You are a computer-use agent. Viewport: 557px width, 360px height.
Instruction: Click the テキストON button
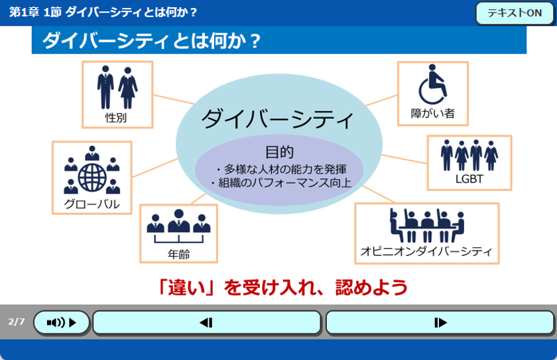(515, 13)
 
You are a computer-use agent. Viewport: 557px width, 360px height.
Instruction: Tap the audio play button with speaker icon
(62, 322)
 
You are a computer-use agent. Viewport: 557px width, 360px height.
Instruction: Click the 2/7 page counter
(17, 322)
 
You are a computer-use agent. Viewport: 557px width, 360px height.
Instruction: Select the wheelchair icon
(432, 84)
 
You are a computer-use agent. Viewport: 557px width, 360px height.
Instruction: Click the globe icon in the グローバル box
(92, 177)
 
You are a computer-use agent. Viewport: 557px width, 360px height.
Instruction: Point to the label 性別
(116, 117)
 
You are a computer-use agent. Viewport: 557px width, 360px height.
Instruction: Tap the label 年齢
(178, 254)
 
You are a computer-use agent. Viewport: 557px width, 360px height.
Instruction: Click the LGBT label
(469, 179)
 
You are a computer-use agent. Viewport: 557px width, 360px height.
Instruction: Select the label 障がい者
(432, 113)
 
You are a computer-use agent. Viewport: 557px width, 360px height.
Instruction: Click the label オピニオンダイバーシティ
(426, 251)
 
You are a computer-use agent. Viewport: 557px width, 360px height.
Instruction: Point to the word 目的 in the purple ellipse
(280, 152)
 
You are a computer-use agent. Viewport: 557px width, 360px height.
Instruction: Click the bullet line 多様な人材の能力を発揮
(281, 169)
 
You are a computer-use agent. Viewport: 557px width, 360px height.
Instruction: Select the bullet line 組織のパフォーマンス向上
(280, 182)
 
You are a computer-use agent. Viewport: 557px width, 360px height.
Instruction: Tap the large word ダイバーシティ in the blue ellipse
(277, 119)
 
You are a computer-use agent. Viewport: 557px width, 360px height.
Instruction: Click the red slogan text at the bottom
(282, 287)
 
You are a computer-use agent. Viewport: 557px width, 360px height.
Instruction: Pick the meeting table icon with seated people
(427, 225)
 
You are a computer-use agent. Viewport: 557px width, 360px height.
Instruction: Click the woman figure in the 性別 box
(128, 88)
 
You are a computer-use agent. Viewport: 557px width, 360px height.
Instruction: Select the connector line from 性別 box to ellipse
(174, 99)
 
